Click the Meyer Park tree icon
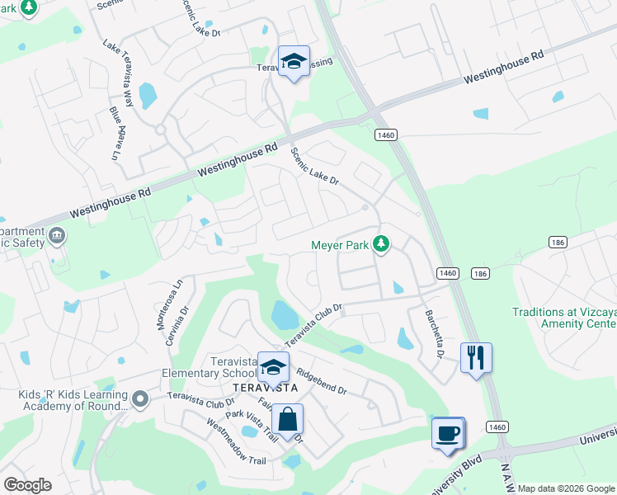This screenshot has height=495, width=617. pyautogui.click(x=381, y=244)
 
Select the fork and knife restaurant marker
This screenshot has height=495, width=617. pyautogui.click(x=476, y=358)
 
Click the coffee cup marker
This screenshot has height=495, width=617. pyautogui.click(x=448, y=433)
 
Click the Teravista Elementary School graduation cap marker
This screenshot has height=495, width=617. pyautogui.click(x=273, y=367)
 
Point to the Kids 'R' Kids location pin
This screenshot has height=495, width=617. pyautogui.click(x=140, y=399)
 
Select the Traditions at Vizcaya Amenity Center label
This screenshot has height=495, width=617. pyautogui.click(x=563, y=318)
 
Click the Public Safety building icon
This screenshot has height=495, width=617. pyautogui.click(x=57, y=235)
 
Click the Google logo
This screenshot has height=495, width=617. pyautogui.click(x=27, y=485)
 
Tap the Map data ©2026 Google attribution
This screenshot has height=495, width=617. pyautogui.click(x=567, y=488)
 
